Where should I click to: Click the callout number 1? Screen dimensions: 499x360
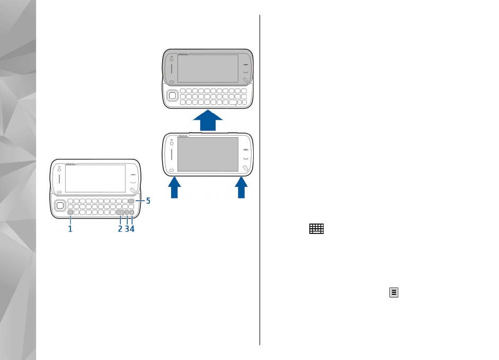pos(70,229)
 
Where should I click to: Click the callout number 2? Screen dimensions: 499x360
pos(120,229)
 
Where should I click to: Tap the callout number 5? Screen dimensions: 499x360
pos(148,201)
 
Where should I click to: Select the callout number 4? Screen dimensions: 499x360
pos(132,229)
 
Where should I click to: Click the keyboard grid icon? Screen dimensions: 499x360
pos(317,229)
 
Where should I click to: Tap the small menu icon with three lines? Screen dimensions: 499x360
pos(394,292)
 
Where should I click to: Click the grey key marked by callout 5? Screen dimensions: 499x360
pos(131,201)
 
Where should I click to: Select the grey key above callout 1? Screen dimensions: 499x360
pos(70,213)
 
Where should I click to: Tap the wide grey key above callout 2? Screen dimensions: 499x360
pos(121,213)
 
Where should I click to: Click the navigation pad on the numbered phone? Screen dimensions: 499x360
pos(60,204)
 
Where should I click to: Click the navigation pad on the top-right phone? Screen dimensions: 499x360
pos(172,97)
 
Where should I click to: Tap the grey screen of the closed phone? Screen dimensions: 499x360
pos(208,154)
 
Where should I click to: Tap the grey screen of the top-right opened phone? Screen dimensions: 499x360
pos(208,68)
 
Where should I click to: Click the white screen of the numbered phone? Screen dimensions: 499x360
pos(95,178)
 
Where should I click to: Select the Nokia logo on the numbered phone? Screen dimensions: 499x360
pos(70,164)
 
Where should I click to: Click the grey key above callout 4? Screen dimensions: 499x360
pos(132,213)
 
